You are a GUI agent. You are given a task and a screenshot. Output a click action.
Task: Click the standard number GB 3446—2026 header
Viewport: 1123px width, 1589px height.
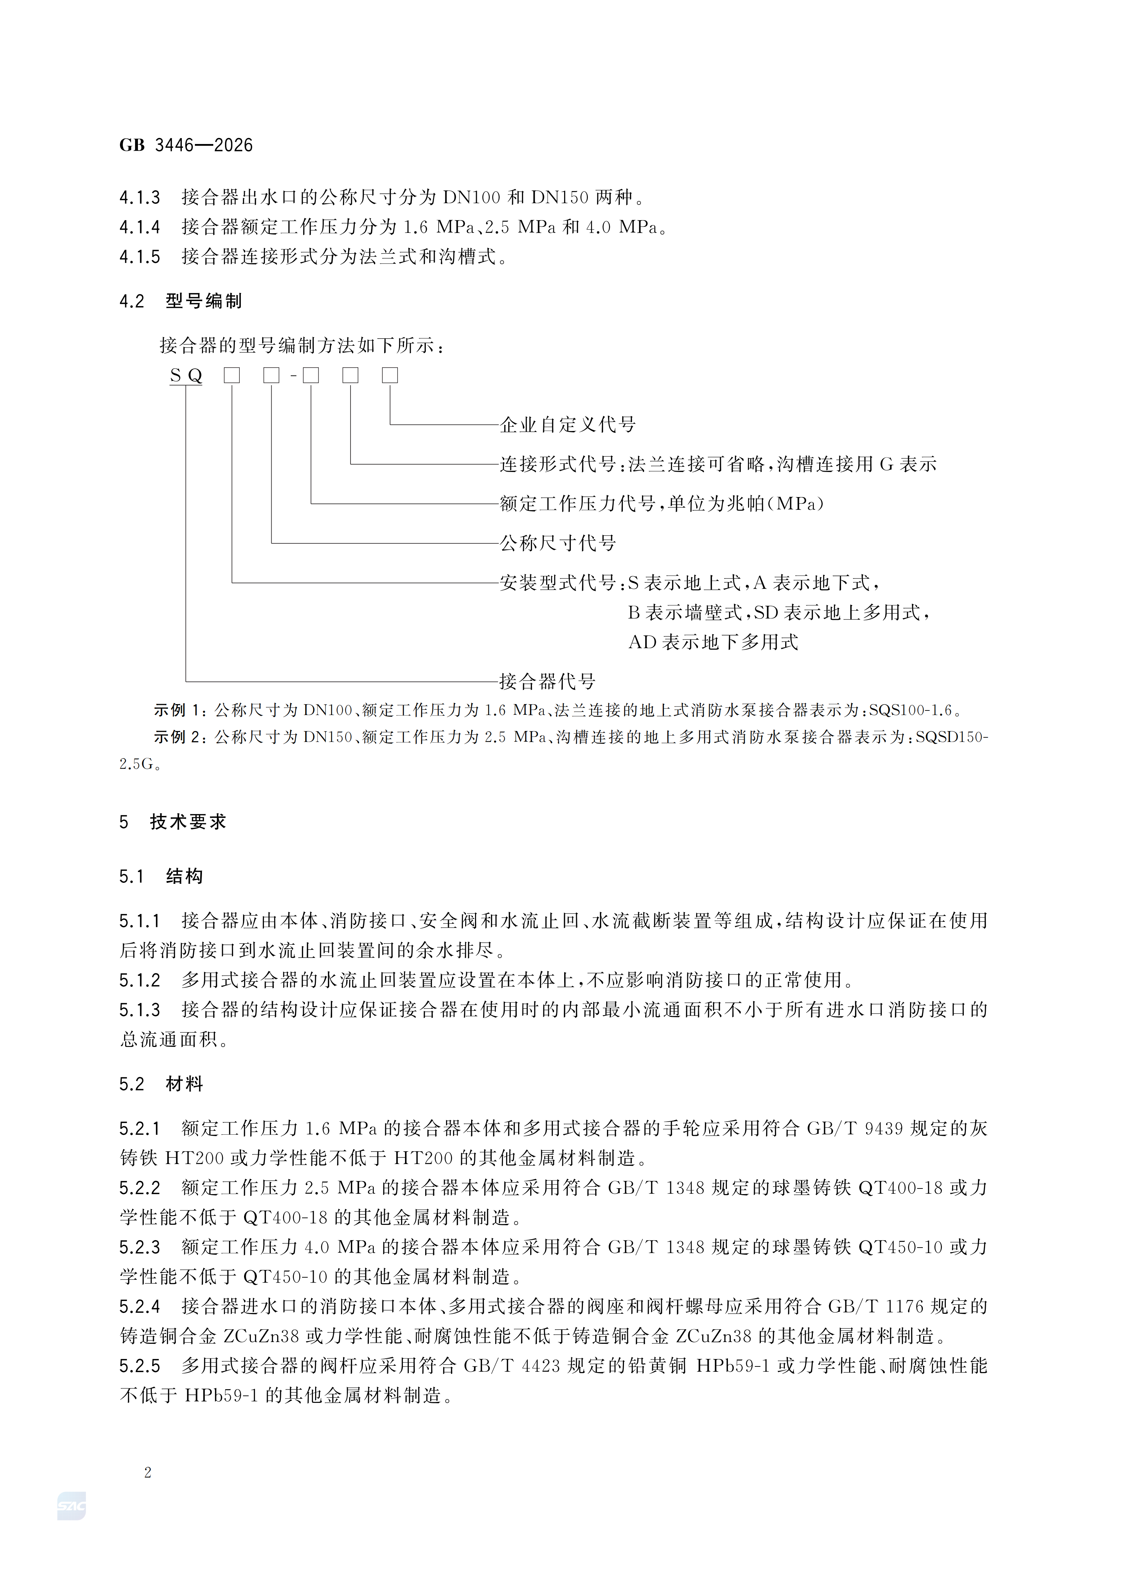click(185, 145)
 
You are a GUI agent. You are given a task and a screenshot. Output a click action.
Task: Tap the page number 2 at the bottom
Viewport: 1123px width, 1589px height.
click(147, 1472)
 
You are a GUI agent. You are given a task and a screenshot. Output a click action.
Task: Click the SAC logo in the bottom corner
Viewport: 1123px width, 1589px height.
click(71, 1505)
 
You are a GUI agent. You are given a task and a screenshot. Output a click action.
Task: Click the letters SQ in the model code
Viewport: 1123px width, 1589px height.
click(185, 376)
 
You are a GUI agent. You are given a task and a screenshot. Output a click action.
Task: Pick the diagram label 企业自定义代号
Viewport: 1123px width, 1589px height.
click(567, 425)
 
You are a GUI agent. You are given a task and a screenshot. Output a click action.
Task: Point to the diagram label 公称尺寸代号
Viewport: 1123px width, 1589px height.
click(558, 543)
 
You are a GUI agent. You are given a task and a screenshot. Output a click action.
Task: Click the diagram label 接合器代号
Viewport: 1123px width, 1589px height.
click(547, 682)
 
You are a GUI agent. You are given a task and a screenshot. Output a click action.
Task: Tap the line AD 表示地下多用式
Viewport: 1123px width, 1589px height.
click(713, 642)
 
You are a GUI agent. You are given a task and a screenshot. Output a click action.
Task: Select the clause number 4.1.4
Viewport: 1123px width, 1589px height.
click(140, 227)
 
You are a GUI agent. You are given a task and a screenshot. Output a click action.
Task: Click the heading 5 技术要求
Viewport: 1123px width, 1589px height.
click(173, 822)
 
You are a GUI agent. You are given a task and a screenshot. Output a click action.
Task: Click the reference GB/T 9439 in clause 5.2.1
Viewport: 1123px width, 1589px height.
click(855, 1129)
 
